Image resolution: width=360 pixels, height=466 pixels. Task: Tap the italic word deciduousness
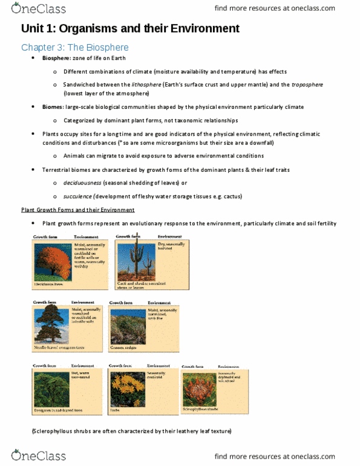pyautogui.click(x=82, y=183)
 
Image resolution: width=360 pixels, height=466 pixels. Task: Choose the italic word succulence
pyautogui.click(x=77, y=196)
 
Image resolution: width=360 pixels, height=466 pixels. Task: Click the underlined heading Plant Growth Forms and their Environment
pyautogui.click(x=77, y=210)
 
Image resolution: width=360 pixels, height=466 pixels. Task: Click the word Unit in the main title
pyautogui.click(x=33, y=28)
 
